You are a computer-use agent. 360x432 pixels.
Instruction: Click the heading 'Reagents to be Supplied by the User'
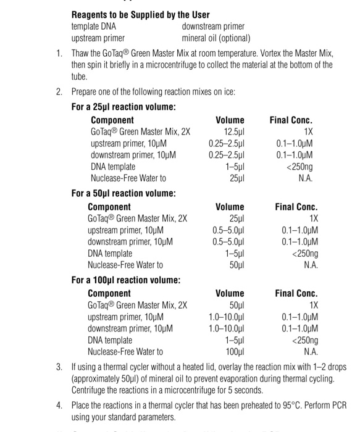pyautogui.click(x=140, y=14)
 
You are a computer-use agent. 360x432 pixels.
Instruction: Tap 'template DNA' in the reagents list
pyautogui.click(x=93, y=27)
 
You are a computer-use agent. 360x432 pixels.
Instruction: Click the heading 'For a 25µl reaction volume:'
pyautogui.click(x=123, y=107)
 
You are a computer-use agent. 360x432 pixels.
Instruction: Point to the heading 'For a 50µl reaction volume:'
pyautogui.click(x=123, y=194)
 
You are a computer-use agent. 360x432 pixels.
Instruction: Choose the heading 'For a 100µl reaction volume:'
pyautogui.click(x=126, y=280)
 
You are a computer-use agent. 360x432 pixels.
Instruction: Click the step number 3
pyautogui.click(x=59, y=367)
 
